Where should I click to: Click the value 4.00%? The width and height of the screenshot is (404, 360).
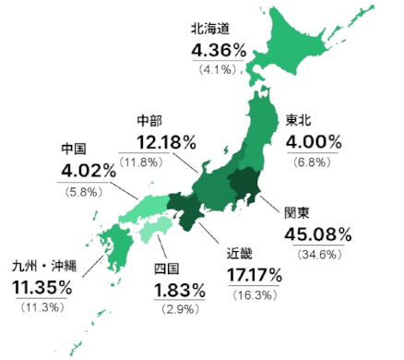coord(315,142)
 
